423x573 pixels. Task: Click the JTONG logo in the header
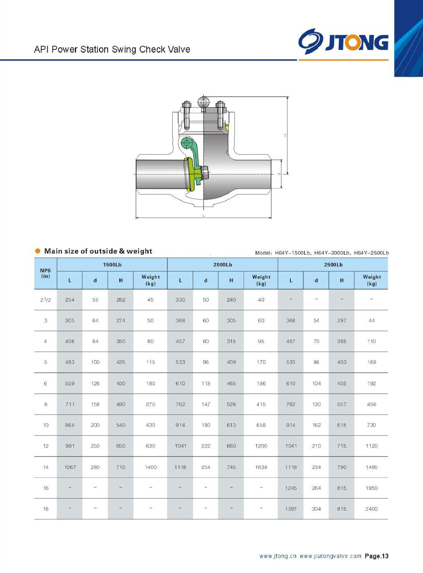[343, 42]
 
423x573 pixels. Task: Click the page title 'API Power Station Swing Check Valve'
[112, 49]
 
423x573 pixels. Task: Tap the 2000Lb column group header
[223, 265]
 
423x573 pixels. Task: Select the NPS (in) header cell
[46, 273]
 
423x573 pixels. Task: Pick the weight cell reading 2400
[371, 509]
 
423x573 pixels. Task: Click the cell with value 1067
[70, 467]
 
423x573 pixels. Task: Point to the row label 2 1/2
[46, 300]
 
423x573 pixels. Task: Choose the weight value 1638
[261, 467]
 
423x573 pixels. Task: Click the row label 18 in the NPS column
[46, 509]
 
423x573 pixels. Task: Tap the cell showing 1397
[291, 509]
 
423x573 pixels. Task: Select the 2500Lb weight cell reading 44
[371, 321]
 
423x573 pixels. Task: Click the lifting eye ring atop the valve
[203, 102]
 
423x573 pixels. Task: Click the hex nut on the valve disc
[205, 173]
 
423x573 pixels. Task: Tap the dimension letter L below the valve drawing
[204, 215]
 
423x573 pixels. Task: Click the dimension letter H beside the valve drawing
[285, 135]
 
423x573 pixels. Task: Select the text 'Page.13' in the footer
[376, 556]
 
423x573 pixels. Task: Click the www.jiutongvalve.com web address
[331, 556]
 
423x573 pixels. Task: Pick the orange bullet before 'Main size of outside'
[38, 251]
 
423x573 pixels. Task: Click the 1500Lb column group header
[112, 265]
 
